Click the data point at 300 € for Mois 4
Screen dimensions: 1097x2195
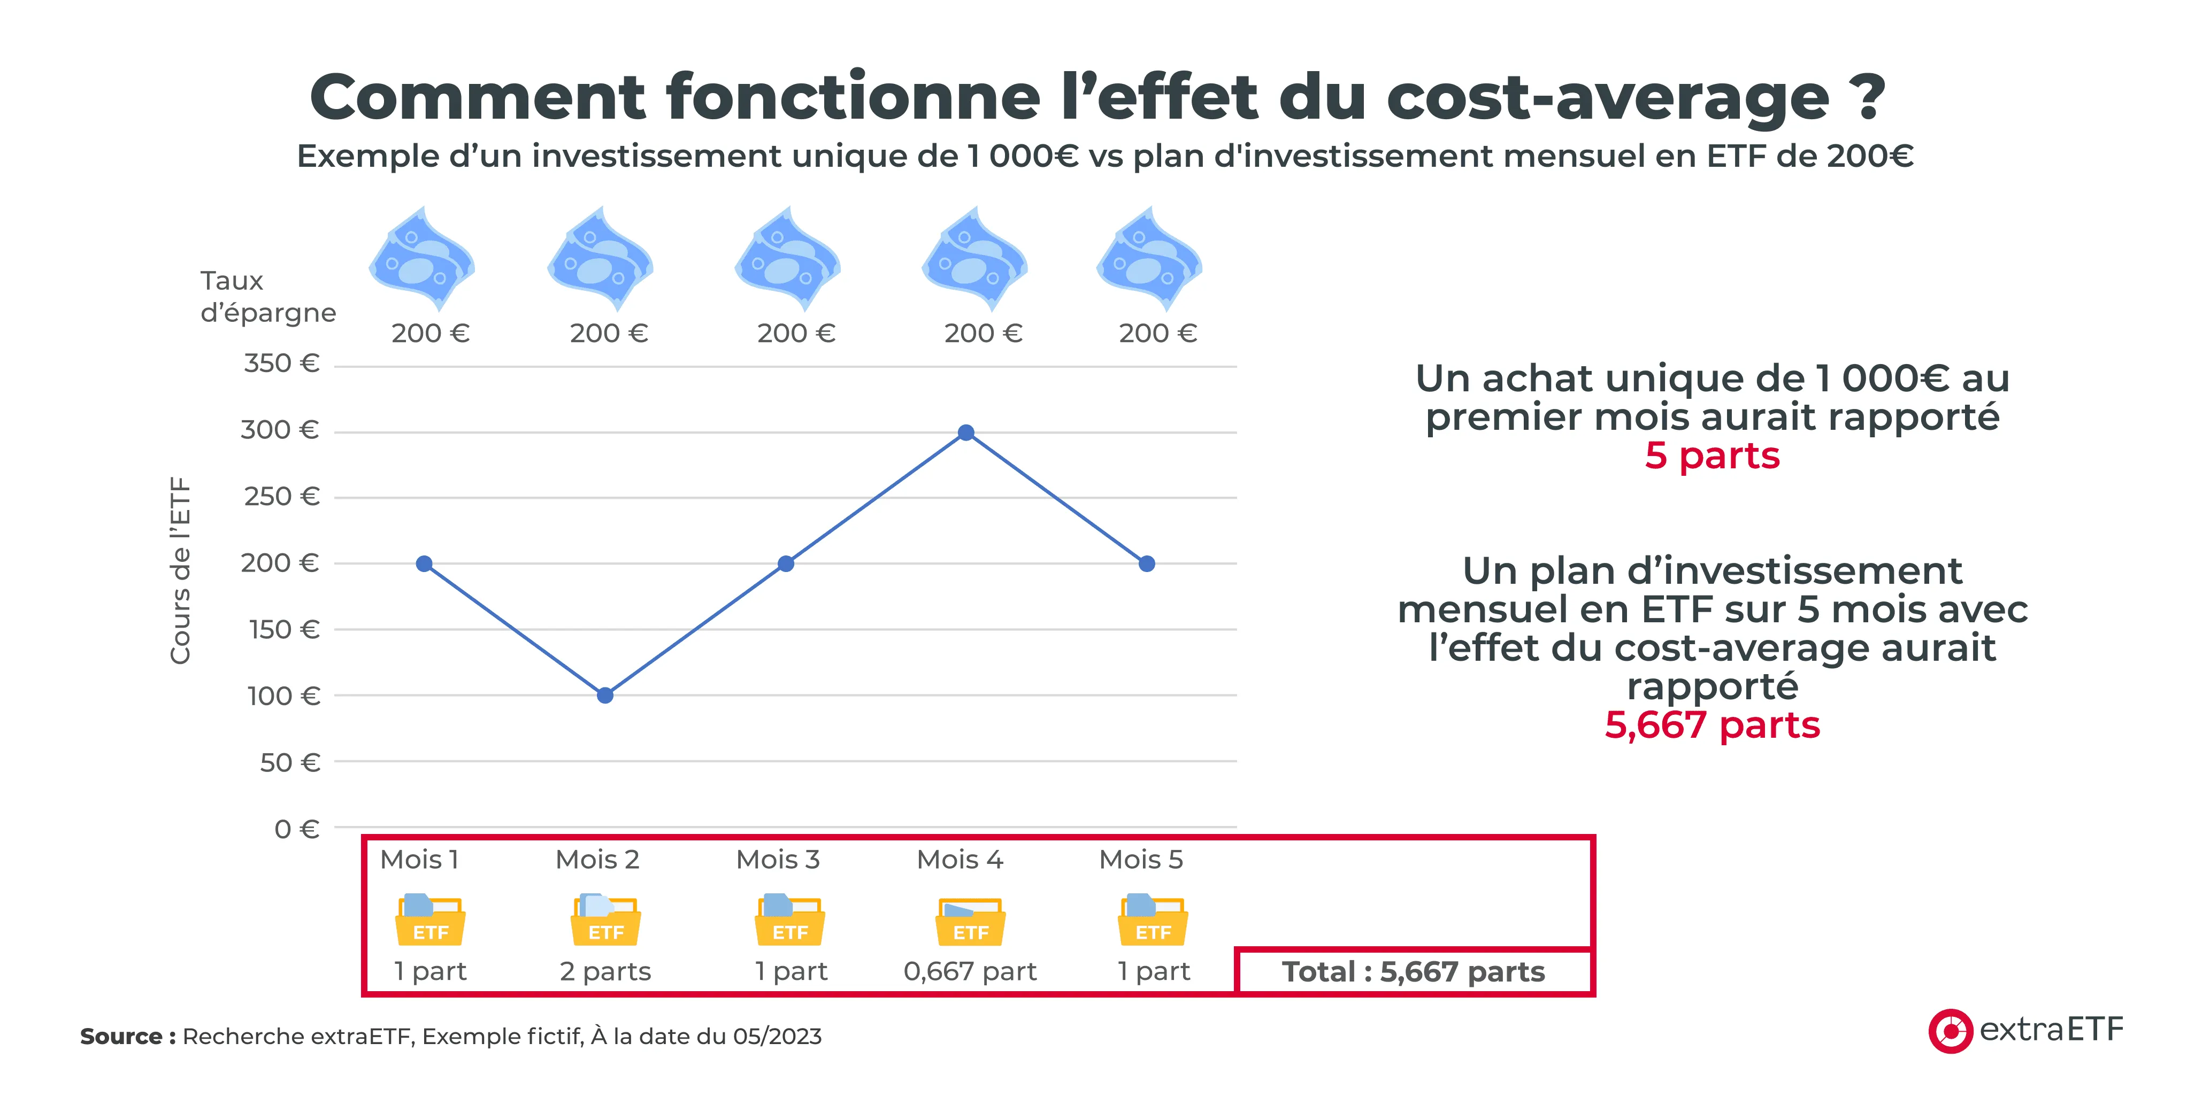pos(965,432)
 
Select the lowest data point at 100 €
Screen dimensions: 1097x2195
pos(605,695)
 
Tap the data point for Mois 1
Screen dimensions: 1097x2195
pos(424,564)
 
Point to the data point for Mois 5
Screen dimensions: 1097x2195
pos(1147,564)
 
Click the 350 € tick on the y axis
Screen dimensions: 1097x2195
pos(281,364)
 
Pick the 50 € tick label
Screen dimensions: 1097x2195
pos(290,762)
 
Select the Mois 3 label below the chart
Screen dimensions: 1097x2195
pos(778,860)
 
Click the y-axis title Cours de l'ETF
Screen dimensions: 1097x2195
pos(180,570)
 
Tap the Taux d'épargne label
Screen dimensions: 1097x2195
pos(267,296)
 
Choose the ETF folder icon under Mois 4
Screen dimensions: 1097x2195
pos(971,922)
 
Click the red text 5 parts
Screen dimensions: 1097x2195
pos(1712,455)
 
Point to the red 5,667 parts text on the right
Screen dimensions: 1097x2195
pos(1712,725)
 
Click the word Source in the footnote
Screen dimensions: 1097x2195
pos(121,1037)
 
